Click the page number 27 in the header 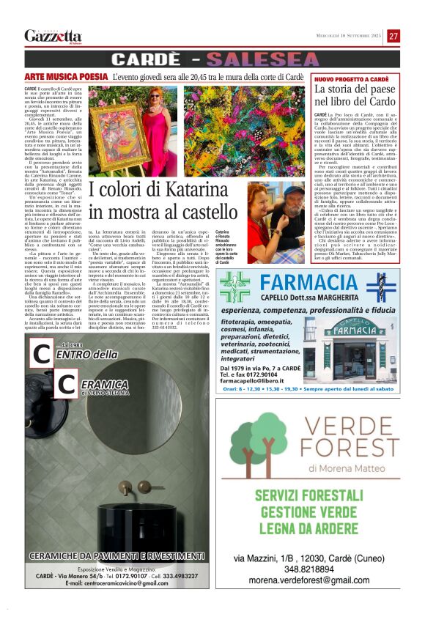tap(393, 36)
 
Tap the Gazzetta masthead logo tap(53, 36)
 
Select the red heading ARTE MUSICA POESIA tap(66, 76)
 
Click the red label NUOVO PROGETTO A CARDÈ tap(352, 78)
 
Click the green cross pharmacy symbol tap(235, 287)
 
